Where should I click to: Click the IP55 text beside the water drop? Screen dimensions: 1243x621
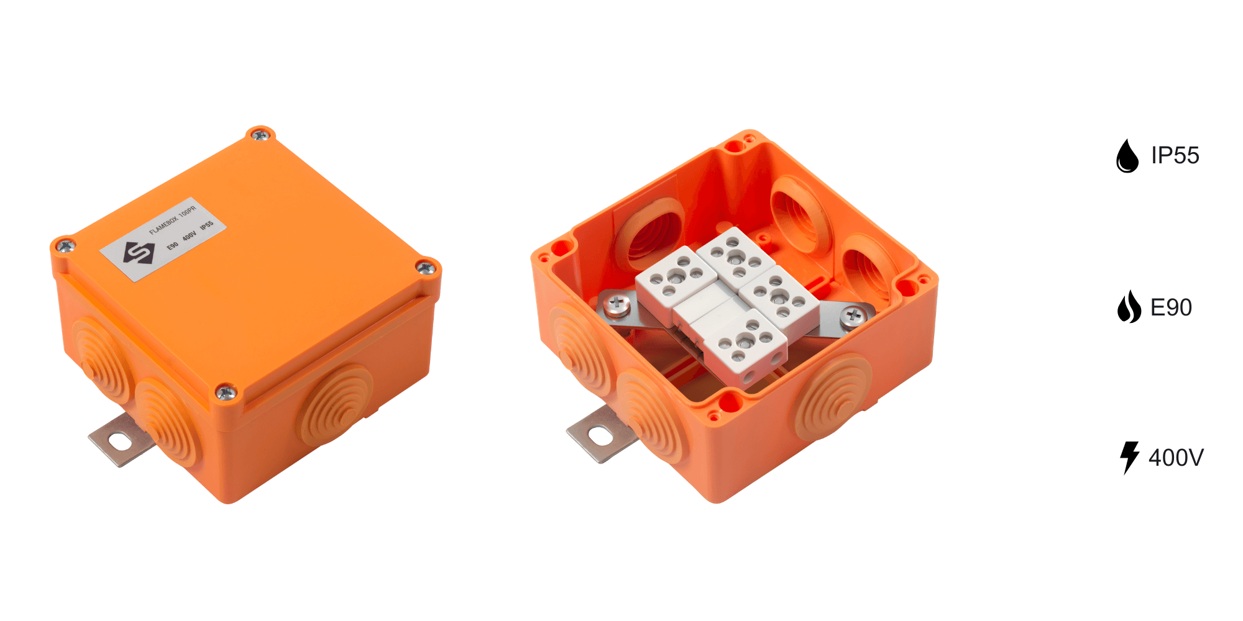point(1175,155)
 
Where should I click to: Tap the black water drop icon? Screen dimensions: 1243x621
point(1127,155)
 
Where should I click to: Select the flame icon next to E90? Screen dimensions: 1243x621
point(1129,307)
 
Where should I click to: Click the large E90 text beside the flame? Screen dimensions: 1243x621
point(1171,307)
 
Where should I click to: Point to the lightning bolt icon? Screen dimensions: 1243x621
point(1129,458)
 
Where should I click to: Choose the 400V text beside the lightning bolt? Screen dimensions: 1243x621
point(1176,458)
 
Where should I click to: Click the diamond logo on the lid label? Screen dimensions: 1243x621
point(139,253)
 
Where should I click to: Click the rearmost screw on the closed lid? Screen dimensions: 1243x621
point(260,134)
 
